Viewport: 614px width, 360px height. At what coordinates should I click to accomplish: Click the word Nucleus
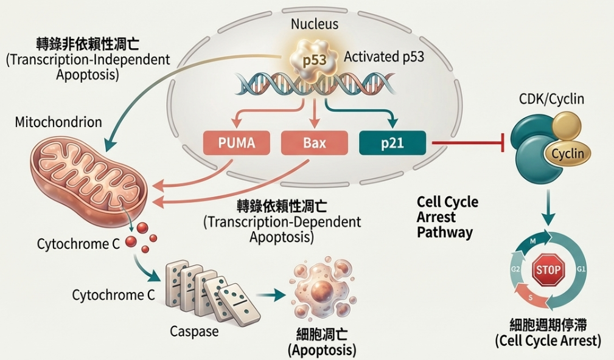pos(315,24)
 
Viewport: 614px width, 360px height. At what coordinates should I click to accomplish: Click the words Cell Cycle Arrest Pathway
pos(447,217)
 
